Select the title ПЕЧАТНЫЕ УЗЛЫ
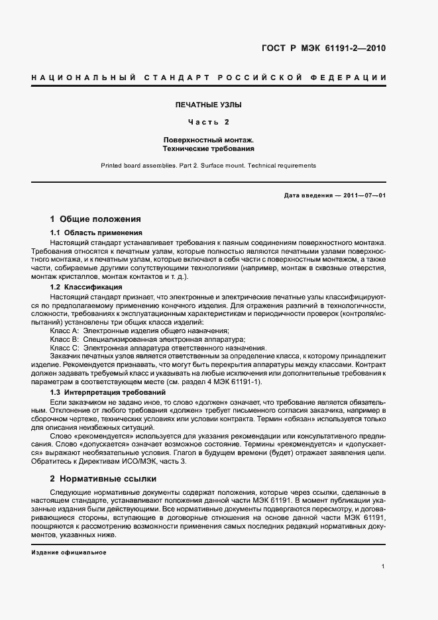209,105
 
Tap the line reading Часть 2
209,123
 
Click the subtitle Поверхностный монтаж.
209,140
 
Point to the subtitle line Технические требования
209,149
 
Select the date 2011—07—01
363,196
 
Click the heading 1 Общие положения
95,219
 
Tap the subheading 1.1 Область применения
97,233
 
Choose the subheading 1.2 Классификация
86,287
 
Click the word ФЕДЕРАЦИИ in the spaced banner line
355,78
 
